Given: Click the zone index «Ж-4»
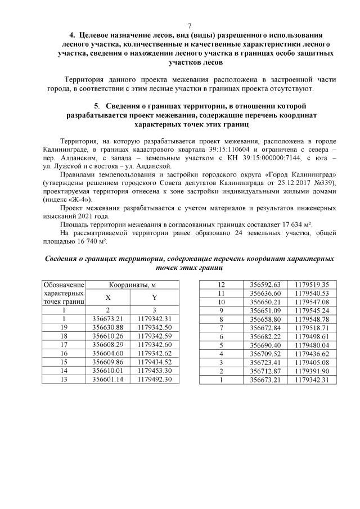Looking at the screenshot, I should click(82, 199).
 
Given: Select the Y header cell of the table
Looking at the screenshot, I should click(154, 298).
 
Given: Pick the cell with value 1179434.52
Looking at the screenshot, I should click(154, 363).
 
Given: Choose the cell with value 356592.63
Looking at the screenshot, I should click(268, 285).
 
